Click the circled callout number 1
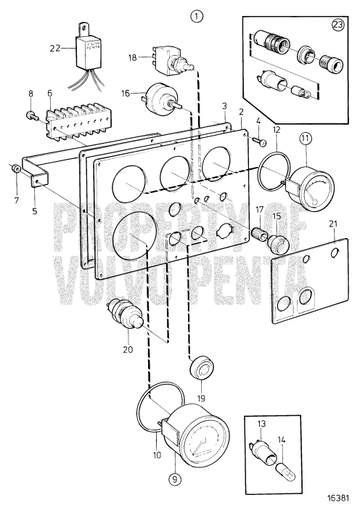(195, 15)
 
